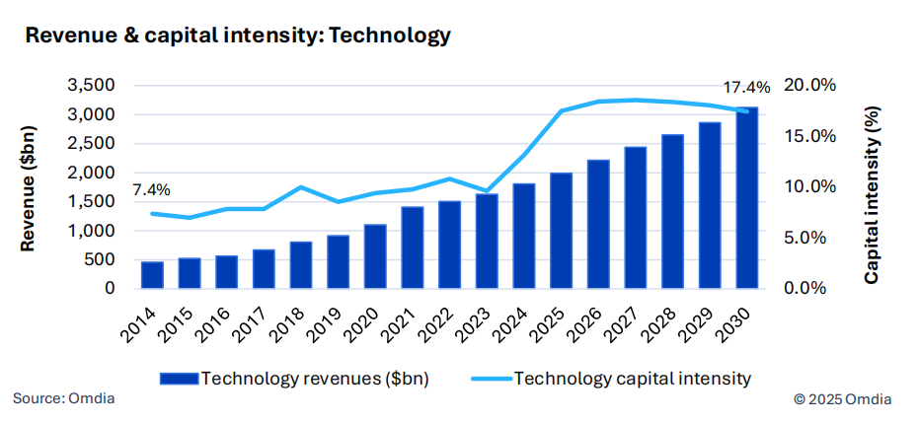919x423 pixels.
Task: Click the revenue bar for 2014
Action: coord(152,276)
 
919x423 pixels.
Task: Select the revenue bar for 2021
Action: coord(414,248)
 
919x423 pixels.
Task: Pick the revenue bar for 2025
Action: coord(562,232)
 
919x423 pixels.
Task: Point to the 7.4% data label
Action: coord(151,189)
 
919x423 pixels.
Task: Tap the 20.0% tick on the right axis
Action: coord(808,86)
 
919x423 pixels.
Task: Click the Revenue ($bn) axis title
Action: coord(30,187)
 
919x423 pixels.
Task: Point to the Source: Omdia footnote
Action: coord(63,398)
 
